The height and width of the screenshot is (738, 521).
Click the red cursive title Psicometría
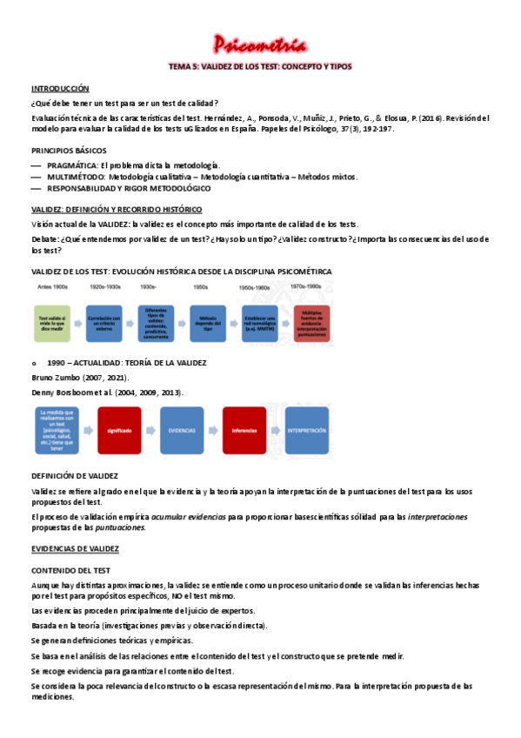click(x=260, y=44)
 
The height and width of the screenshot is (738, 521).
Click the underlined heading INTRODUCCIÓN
click(x=60, y=89)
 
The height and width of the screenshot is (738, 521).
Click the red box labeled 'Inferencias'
click(x=244, y=430)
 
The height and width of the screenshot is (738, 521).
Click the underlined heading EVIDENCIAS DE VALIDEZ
click(x=75, y=548)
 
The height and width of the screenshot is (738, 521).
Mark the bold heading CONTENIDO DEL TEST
click(x=70, y=570)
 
